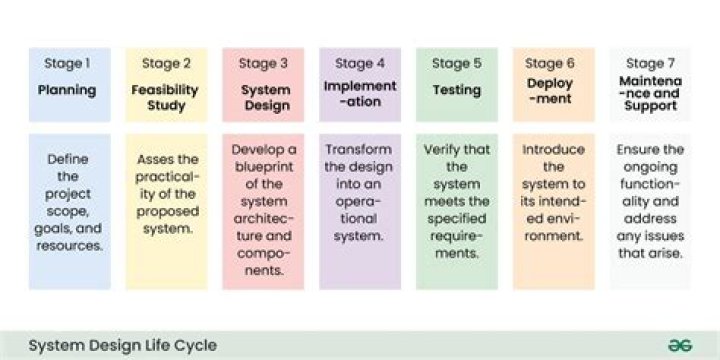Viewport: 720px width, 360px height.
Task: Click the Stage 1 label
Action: [67, 63]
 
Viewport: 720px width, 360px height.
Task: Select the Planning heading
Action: [67, 90]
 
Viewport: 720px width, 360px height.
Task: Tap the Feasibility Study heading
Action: [165, 97]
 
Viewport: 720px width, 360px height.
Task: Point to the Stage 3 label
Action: [263, 63]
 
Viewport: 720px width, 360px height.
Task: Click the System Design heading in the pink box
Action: [266, 97]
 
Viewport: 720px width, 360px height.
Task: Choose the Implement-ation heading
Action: [360, 93]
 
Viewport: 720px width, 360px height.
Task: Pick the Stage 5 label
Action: [457, 63]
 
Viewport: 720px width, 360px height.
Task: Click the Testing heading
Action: [457, 90]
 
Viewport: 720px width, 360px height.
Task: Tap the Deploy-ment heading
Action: [550, 91]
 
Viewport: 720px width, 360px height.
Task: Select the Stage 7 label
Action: [651, 63]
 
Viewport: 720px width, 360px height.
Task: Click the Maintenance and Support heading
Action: [651, 93]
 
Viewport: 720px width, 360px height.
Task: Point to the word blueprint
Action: [264, 167]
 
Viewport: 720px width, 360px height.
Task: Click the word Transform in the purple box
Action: [359, 150]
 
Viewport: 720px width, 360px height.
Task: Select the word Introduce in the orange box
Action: [553, 150]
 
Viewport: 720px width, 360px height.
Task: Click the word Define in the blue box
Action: [68, 159]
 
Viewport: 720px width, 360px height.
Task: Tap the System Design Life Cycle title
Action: [123, 345]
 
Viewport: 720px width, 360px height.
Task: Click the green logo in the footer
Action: [680, 345]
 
